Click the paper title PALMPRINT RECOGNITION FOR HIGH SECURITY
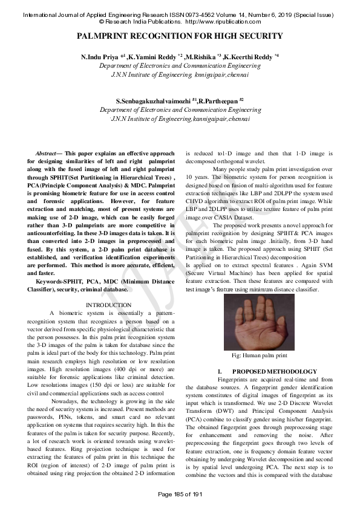(x=180, y=37)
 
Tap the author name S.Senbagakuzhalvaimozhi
(x=152, y=100)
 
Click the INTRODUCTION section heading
(x=109, y=305)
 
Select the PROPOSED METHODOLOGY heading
(x=275, y=371)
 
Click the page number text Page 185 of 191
(x=180, y=495)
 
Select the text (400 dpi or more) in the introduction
(x=138, y=368)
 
